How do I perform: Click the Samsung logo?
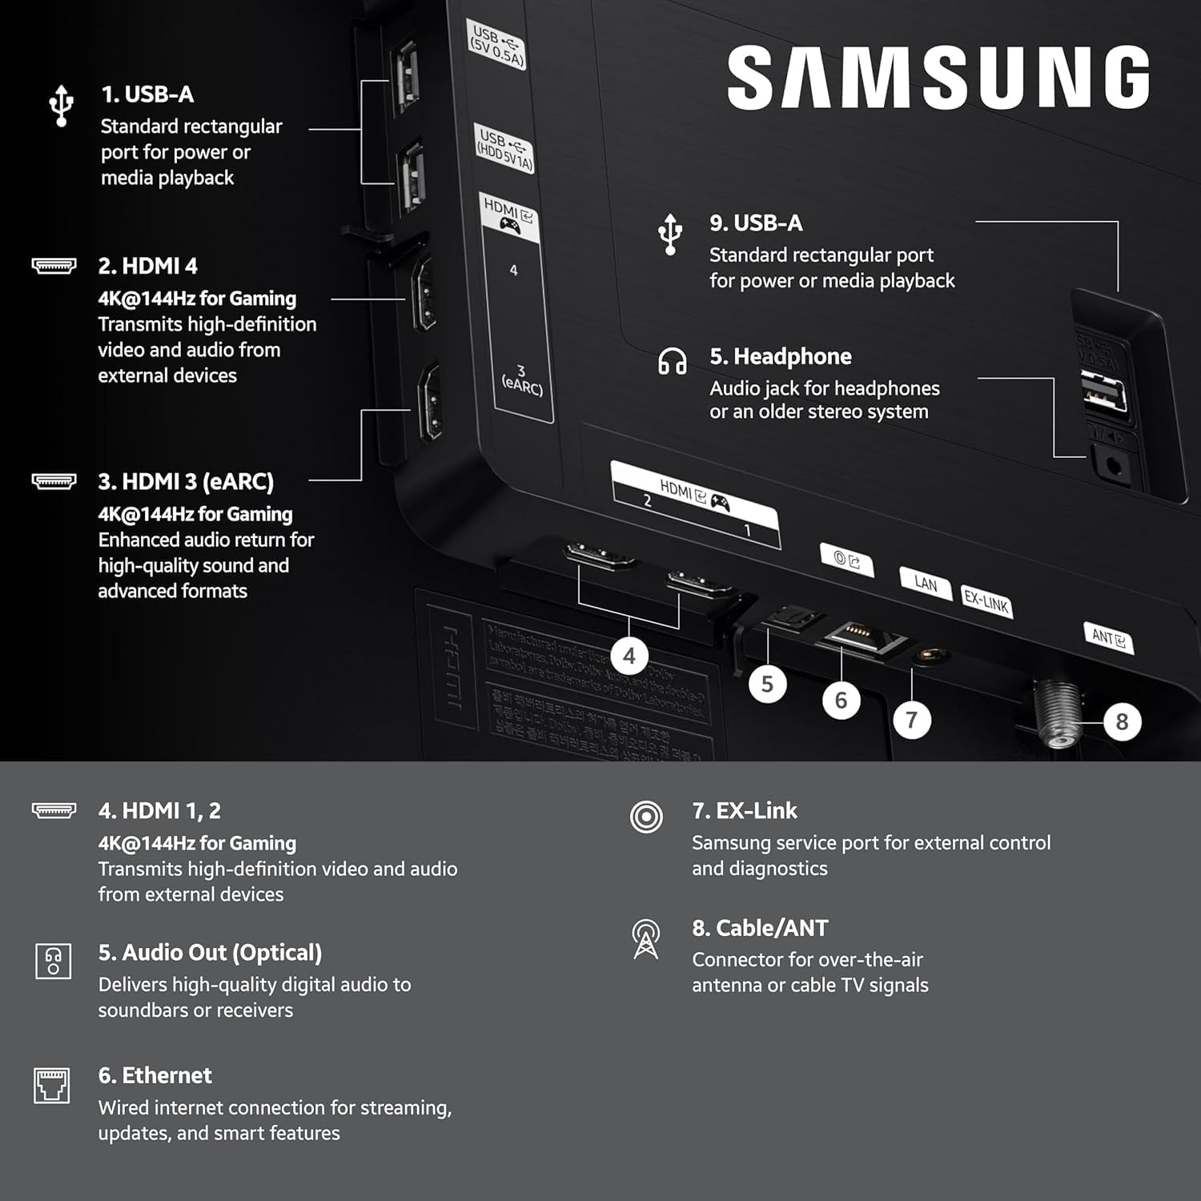click(x=938, y=77)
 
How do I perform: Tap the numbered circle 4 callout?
click(x=629, y=657)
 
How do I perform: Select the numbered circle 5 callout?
click(x=767, y=684)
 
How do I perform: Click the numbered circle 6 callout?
click(x=841, y=701)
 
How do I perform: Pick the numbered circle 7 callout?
click(x=911, y=720)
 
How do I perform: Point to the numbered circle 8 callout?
click(x=1122, y=722)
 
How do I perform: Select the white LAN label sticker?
click(x=925, y=584)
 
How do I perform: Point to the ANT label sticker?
click(x=1108, y=637)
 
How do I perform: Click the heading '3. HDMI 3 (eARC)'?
click(x=186, y=482)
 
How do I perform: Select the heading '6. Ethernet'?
click(x=155, y=1075)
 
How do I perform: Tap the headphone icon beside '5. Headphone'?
click(x=672, y=361)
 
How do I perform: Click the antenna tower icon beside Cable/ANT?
click(x=646, y=938)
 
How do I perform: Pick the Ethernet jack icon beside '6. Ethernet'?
click(x=52, y=1086)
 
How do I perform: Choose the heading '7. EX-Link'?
click(x=745, y=811)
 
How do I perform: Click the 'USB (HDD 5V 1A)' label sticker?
click(x=504, y=149)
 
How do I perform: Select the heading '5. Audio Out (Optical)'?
click(x=210, y=953)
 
